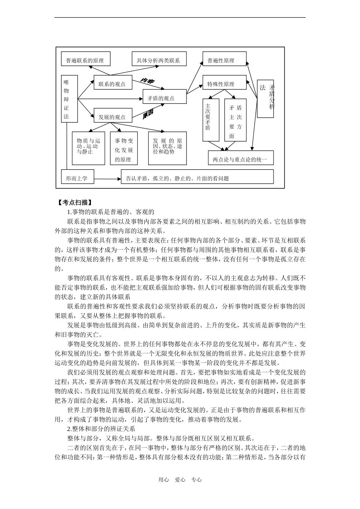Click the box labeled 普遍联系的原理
tap(85, 60)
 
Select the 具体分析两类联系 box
tap(158, 60)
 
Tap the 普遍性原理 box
tap(224, 60)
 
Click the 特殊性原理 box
tap(224, 84)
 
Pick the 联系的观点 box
tap(113, 84)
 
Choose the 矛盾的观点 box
tap(164, 98)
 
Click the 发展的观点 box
tap(113, 117)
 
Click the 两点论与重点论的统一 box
tap(241, 159)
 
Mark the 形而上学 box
tap(77, 178)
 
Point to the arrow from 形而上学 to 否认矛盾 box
tap(107, 179)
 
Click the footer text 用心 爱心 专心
tap(180, 479)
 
